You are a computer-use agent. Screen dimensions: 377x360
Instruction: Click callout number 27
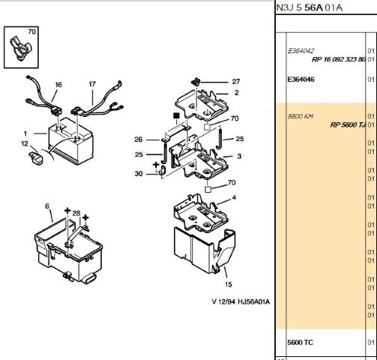(x=236, y=82)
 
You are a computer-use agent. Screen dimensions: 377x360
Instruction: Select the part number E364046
(x=301, y=79)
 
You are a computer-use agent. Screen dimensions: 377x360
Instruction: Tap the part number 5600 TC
(x=300, y=342)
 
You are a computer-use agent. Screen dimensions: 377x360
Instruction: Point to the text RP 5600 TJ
(x=348, y=124)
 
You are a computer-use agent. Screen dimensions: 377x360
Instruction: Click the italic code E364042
(x=301, y=51)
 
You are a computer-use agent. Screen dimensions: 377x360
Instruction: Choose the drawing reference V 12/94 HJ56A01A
(x=241, y=301)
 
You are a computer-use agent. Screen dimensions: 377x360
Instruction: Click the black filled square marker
(x=176, y=115)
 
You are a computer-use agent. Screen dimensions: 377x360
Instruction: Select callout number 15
(x=229, y=284)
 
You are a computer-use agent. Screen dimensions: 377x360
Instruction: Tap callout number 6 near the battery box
(x=47, y=206)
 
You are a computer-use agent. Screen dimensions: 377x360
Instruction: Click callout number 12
(x=25, y=144)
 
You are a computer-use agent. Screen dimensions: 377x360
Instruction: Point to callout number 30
(x=139, y=173)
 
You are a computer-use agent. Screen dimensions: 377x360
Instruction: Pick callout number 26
(x=139, y=139)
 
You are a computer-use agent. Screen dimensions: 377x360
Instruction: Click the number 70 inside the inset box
(x=31, y=31)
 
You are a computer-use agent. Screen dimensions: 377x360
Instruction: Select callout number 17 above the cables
(x=92, y=84)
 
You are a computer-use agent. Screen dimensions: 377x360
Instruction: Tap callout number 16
(x=58, y=85)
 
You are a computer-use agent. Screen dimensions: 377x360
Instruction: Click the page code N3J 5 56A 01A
(x=309, y=7)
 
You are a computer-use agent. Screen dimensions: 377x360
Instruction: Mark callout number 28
(x=76, y=213)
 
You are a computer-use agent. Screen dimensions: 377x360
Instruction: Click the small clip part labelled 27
(x=196, y=82)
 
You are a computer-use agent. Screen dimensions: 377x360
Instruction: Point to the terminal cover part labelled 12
(x=36, y=157)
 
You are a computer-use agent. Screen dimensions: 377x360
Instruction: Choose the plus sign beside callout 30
(x=156, y=164)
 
